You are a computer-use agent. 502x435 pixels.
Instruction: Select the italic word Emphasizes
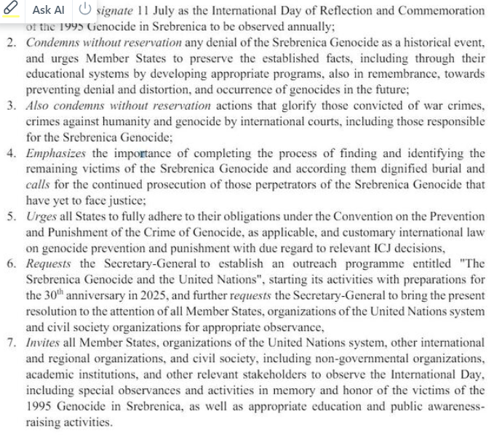[56, 153]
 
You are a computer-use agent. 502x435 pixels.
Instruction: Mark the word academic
[48, 375]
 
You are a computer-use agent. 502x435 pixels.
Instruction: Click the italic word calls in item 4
[38, 185]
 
